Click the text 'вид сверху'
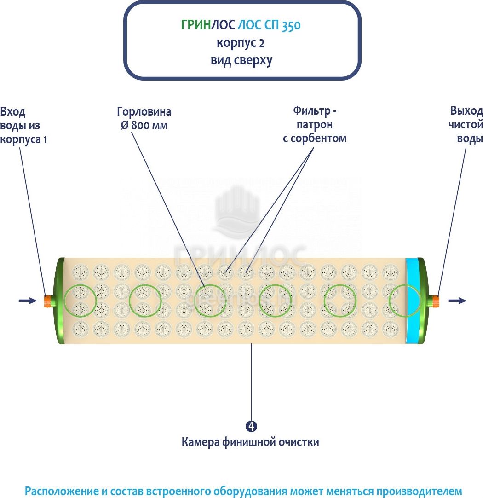coord(241,60)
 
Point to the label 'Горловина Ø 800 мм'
coord(144,118)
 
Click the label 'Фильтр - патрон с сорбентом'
coord(314,124)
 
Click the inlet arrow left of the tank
coord(28,301)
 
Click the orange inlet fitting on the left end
coord(47,301)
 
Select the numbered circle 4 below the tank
coord(251,426)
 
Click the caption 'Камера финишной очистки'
coord(250,442)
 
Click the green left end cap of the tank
coord(58,301)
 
